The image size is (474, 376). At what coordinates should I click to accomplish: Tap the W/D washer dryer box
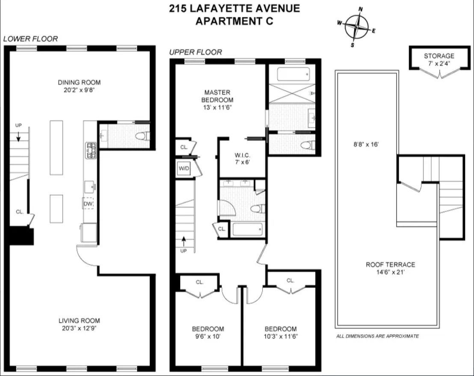184,168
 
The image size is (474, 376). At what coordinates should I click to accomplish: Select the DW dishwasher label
88,203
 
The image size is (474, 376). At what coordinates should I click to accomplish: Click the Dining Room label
80,82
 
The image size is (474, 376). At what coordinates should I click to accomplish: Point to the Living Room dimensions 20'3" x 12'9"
80,328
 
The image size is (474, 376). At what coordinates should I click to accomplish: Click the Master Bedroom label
217,96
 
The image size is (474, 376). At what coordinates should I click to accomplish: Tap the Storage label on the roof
439,56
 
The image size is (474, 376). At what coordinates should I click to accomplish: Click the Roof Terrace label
390,265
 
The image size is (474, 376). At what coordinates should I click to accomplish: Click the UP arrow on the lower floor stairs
18,136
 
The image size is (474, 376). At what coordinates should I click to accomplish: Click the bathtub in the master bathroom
293,75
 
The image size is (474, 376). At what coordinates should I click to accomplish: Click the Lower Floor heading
30,39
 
